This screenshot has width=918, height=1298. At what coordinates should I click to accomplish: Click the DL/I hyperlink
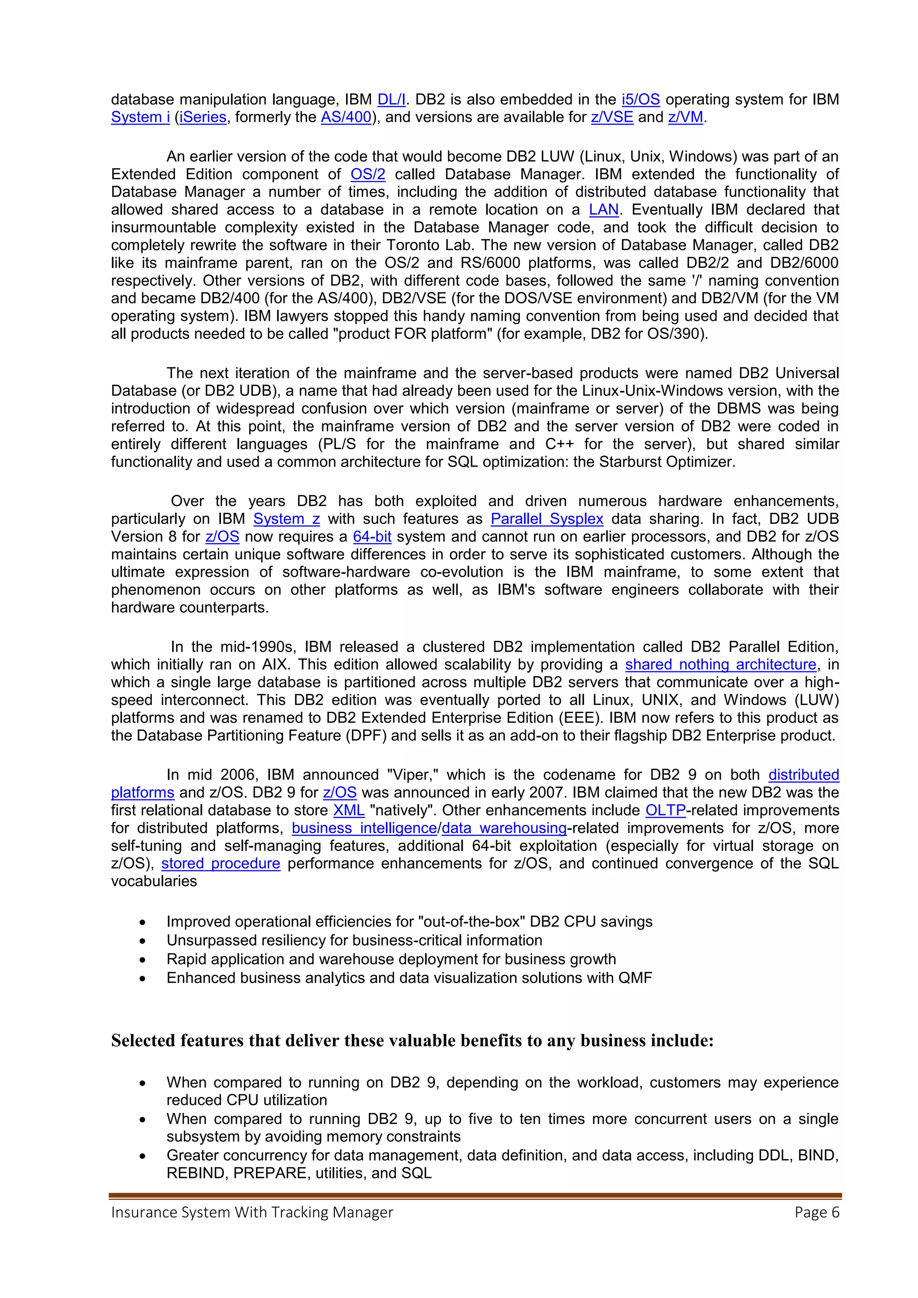pyautogui.click(x=391, y=100)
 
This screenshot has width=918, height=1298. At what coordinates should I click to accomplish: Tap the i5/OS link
pyautogui.click(x=641, y=100)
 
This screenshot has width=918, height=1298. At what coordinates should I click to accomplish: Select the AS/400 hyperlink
pyautogui.click(x=346, y=117)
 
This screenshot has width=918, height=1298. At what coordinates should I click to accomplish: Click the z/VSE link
pyautogui.click(x=611, y=117)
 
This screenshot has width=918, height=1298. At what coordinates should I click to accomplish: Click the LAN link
pyautogui.click(x=604, y=210)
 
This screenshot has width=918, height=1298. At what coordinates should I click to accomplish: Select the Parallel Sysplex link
pyautogui.click(x=546, y=519)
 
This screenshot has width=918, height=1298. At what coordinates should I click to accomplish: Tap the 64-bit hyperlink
pyautogui.click(x=372, y=537)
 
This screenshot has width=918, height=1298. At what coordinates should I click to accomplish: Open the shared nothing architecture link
pyautogui.click(x=721, y=664)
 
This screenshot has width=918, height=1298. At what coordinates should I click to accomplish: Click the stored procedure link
pyautogui.click(x=221, y=863)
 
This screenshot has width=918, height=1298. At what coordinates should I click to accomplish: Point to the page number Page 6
pyautogui.click(x=816, y=1212)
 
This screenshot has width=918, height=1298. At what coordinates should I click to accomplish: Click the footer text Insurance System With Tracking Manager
pyautogui.click(x=252, y=1212)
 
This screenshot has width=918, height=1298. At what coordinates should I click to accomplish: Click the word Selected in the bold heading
pyautogui.click(x=143, y=1041)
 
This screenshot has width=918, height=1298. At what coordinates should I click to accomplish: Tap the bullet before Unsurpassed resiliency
pyautogui.click(x=143, y=941)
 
